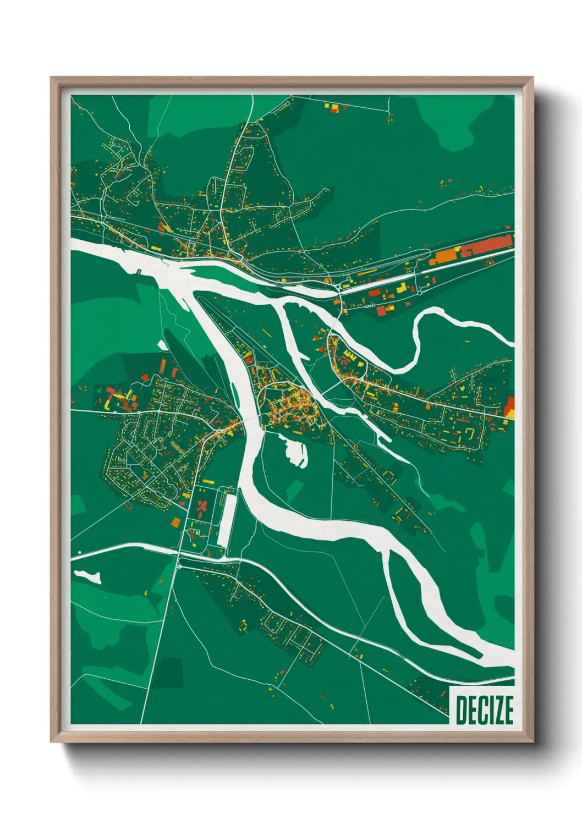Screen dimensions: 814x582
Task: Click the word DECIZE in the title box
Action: click(x=484, y=710)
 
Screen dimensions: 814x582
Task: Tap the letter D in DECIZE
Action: click(x=462, y=710)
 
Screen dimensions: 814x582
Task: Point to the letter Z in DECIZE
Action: click(x=496, y=710)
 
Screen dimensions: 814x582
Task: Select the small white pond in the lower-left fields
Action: click(x=89, y=576)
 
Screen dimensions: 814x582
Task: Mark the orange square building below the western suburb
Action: click(x=176, y=522)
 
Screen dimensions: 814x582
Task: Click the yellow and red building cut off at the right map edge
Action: click(x=510, y=408)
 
